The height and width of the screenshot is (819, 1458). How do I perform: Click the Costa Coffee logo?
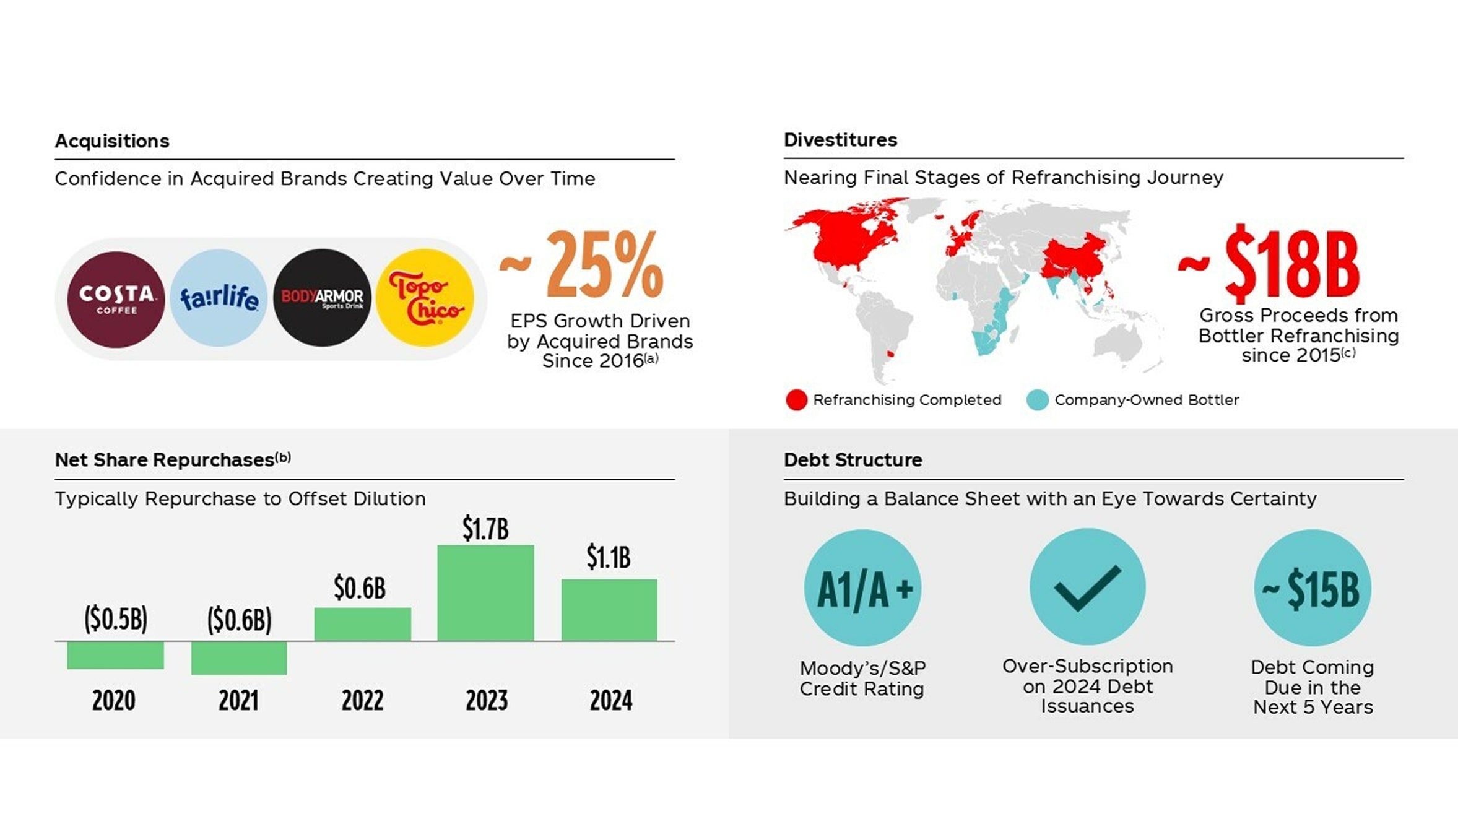coord(116,299)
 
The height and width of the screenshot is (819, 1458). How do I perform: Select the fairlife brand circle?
coord(219,298)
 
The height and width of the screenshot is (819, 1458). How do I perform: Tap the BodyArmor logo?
coord(322,298)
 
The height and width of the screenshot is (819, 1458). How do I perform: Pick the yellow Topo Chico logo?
coord(425,298)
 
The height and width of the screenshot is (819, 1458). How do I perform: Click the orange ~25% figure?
coord(582,264)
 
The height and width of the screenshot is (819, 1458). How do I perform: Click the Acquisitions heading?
coord(112,141)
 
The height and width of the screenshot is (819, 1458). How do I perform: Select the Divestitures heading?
coord(840,140)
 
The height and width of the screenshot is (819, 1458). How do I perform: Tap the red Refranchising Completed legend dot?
coord(796,400)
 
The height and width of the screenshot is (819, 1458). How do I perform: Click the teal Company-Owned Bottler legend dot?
coord(1037,400)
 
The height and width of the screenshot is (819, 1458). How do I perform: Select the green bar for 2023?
coord(485,592)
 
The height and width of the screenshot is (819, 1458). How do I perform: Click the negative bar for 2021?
coord(239,657)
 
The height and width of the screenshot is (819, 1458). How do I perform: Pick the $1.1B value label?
coord(609,557)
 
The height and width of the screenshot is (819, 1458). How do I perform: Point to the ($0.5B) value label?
coord(116,618)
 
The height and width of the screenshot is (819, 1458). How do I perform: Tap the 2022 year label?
coord(362,701)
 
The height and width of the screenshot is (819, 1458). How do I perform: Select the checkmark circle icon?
coord(1087,587)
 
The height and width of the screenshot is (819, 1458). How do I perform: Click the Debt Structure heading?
coord(853,460)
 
